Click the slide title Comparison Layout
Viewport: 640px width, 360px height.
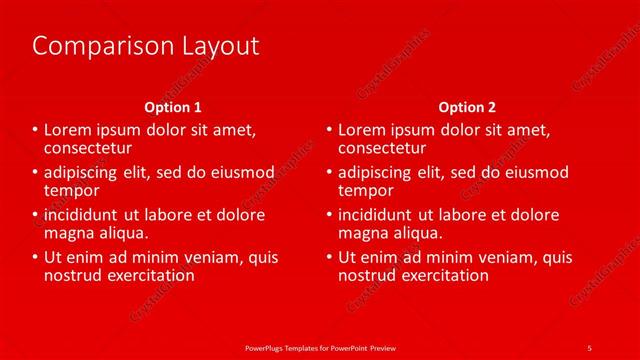[146, 46]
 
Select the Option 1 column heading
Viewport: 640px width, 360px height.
[173, 107]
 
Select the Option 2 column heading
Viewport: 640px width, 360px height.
[467, 107]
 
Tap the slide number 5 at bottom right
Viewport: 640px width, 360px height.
[589, 347]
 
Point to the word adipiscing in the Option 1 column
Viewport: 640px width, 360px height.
[81, 173]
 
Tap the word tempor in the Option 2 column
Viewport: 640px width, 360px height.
[366, 190]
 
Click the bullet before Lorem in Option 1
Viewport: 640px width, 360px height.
[36, 130]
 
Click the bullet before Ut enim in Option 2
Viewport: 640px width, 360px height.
[330, 258]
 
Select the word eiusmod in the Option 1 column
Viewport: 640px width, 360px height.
[240, 173]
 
